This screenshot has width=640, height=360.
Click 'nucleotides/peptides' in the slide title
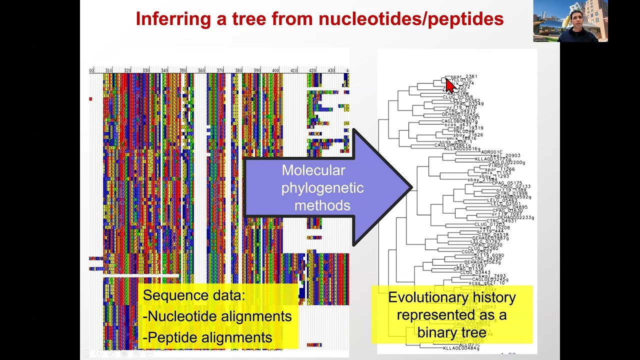(x=410, y=19)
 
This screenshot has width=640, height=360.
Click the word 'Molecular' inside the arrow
(x=313, y=170)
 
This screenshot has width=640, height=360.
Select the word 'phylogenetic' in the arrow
(x=322, y=188)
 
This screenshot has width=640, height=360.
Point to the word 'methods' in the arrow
(x=322, y=205)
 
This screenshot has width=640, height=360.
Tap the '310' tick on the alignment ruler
(x=108, y=70)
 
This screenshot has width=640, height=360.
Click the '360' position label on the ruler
(x=201, y=70)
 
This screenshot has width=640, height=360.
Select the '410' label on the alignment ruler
(x=294, y=70)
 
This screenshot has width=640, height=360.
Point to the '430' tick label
(x=331, y=70)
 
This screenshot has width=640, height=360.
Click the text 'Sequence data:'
(x=194, y=295)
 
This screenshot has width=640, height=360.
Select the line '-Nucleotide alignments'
(x=217, y=316)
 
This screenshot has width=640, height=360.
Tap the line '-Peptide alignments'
(x=207, y=337)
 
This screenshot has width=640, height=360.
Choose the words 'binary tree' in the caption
(x=451, y=332)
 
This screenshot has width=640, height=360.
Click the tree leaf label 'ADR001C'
(x=491, y=152)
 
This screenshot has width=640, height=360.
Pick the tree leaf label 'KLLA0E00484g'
(x=461, y=348)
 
